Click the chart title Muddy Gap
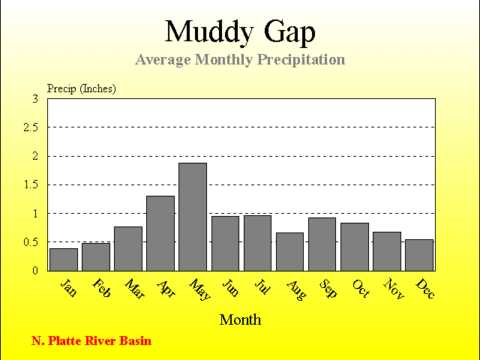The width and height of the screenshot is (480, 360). tap(240, 31)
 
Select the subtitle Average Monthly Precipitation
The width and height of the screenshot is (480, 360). tap(240, 59)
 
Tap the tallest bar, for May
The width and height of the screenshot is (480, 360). tap(193, 217)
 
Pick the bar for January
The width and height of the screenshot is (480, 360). tap(64, 259)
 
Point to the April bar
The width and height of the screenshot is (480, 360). tap(160, 233)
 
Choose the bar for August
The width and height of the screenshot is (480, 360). tap(289, 252)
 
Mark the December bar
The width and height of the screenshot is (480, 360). tap(419, 255)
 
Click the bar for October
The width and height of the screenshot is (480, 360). tap(355, 247)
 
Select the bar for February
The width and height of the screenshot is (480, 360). tap(96, 257)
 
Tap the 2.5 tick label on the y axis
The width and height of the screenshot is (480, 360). tap(31, 127)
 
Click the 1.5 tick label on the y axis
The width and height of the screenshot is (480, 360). tap(31, 184)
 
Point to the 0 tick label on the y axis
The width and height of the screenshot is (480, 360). tap(35, 271)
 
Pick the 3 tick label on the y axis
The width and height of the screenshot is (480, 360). tap(35, 99)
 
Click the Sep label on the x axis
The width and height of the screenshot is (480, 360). tap(328, 288)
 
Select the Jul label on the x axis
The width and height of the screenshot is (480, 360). tap(262, 286)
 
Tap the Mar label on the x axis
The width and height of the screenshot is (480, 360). tap(135, 289)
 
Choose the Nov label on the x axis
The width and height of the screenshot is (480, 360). tap(394, 288)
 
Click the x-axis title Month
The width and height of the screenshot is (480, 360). tap(240, 320)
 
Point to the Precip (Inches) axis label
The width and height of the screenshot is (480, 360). tap(82, 88)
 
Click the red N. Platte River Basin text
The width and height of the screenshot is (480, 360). tap(91, 340)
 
